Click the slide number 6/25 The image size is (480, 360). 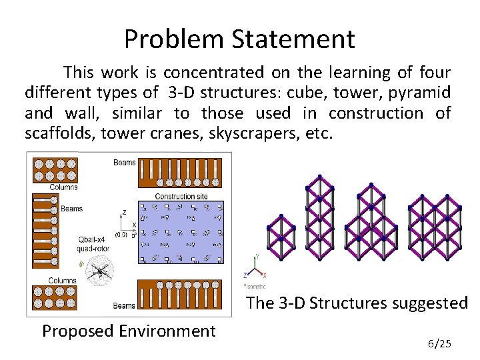[x=439, y=344]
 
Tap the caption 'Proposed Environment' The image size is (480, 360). [x=129, y=331]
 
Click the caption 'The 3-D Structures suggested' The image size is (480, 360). [x=357, y=303]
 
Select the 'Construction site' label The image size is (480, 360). [x=180, y=196]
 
